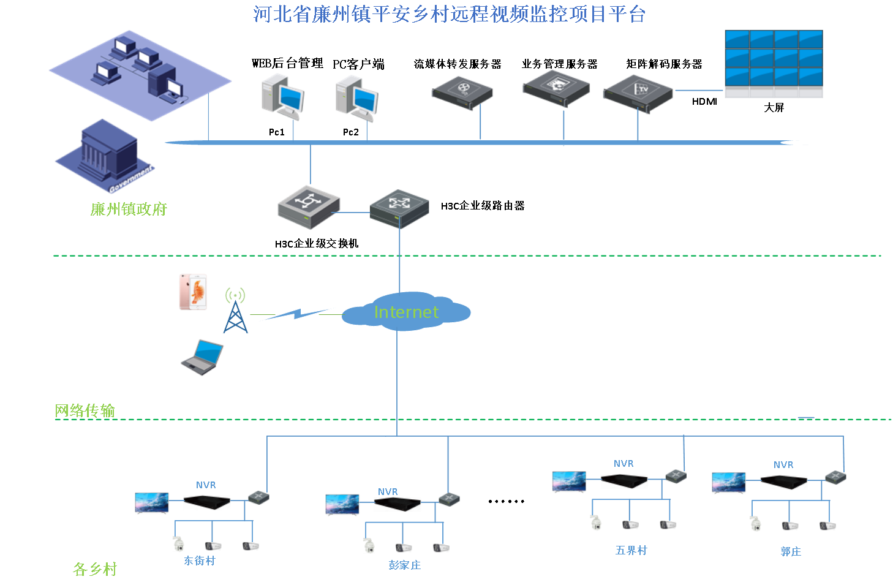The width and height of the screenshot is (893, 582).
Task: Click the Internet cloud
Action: click(x=405, y=312)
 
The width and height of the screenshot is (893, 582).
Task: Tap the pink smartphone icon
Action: click(x=193, y=292)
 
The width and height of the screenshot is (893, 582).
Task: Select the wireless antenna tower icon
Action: click(x=235, y=311)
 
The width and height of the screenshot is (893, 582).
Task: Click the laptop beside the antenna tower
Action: click(x=203, y=357)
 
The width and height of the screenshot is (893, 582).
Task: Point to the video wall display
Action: click(x=774, y=63)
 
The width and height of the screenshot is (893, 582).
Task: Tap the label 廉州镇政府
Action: click(x=129, y=210)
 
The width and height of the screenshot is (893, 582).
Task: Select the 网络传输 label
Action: click(x=85, y=410)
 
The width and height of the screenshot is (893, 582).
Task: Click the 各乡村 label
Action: click(x=94, y=569)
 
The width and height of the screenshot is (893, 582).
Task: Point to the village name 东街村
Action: click(x=200, y=561)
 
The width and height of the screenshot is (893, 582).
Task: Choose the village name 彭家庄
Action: click(x=405, y=565)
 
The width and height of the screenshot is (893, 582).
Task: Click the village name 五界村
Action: click(x=631, y=550)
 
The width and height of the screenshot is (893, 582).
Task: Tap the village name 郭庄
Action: click(x=791, y=551)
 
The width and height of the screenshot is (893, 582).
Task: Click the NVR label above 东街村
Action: click(x=206, y=485)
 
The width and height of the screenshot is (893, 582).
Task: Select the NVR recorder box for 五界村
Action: click(x=624, y=482)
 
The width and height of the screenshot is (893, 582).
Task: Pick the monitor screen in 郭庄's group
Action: click(x=729, y=483)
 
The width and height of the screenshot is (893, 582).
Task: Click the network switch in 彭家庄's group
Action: click(x=449, y=499)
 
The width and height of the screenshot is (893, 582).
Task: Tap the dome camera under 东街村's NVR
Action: click(x=178, y=544)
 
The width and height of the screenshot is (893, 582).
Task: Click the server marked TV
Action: click(x=638, y=93)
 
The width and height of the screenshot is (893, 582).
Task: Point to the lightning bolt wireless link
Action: click(x=297, y=314)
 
